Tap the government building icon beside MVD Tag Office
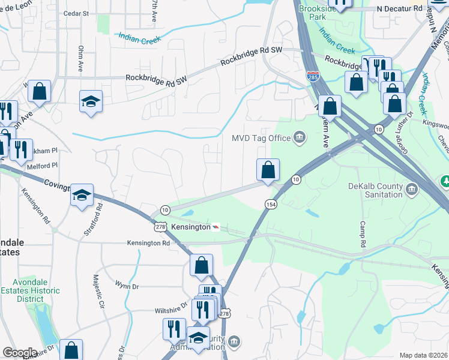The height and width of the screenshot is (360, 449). (x=298, y=139)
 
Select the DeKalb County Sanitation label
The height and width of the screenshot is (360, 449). (x=375, y=190)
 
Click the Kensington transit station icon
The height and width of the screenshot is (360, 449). (x=215, y=227)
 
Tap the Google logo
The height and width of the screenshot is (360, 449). (x=19, y=353)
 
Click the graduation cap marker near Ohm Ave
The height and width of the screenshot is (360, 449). (x=91, y=101)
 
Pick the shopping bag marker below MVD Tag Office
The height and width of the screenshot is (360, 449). (x=268, y=170)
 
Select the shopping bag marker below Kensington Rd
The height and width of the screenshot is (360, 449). (x=201, y=265)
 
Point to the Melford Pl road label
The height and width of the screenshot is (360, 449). (x=41, y=165)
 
